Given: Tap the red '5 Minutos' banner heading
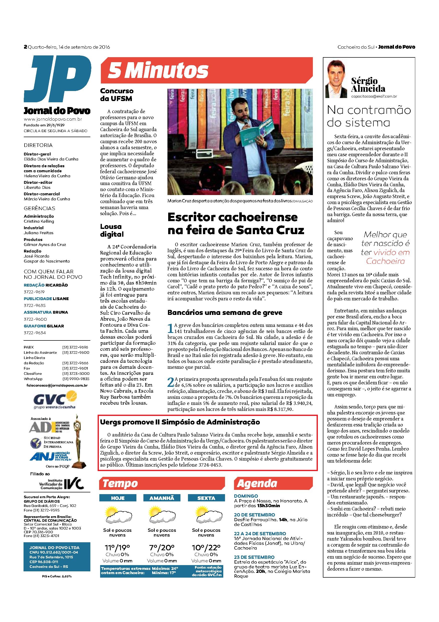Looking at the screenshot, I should [158, 71].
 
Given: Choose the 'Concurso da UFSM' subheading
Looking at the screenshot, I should [117, 95].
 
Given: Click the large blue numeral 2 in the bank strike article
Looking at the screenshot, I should [171, 382].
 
